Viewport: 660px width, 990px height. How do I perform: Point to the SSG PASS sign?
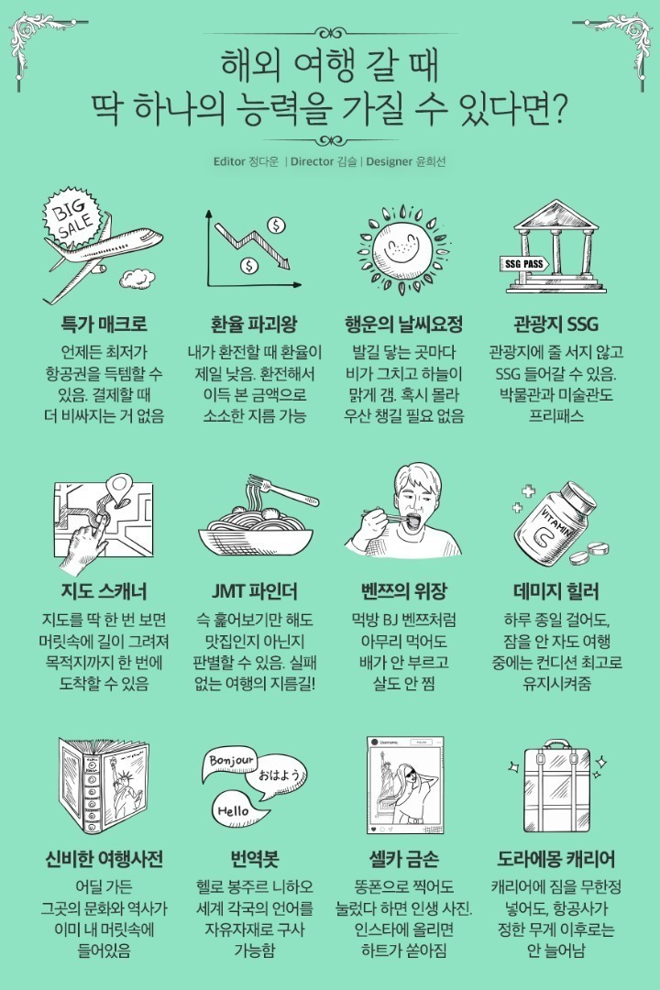click(x=525, y=262)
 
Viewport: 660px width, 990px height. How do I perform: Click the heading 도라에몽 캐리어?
click(x=556, y=859)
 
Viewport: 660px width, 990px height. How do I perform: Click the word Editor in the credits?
click(x=228, y=162)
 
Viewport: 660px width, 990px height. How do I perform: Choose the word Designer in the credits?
click(x=394, y=162)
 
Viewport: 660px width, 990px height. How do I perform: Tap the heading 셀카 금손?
click(x=403, y=859)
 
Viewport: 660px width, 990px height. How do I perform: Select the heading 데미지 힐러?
click(x=556, y=589)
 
